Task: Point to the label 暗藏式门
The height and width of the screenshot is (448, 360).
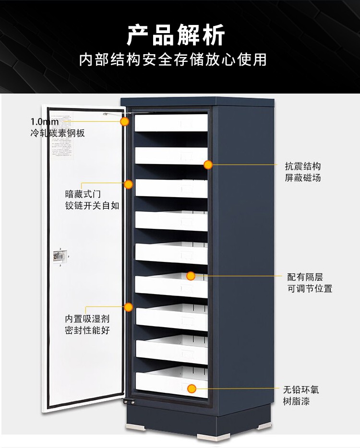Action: [83, 194]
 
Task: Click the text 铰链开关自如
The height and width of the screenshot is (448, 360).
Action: [92, 206]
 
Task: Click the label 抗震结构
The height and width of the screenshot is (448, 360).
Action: [302, 166]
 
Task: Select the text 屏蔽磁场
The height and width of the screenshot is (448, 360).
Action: [302, 178]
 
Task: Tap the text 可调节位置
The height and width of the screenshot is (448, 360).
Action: [310, 289]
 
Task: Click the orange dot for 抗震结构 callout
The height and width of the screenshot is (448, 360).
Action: [208, 165]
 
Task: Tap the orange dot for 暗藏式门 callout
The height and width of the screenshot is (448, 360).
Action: [129, 184]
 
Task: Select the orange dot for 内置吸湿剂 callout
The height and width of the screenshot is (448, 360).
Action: [129, 307]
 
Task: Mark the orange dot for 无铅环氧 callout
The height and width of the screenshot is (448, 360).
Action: [192, 389]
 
